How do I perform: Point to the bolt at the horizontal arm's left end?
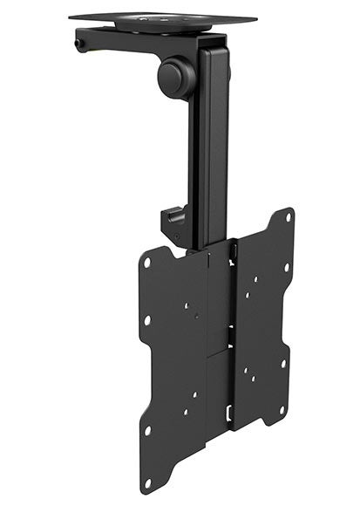[x=81, y=41]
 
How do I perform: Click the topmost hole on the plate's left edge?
[x=149, y=262]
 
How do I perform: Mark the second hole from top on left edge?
[x=146, y=320]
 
